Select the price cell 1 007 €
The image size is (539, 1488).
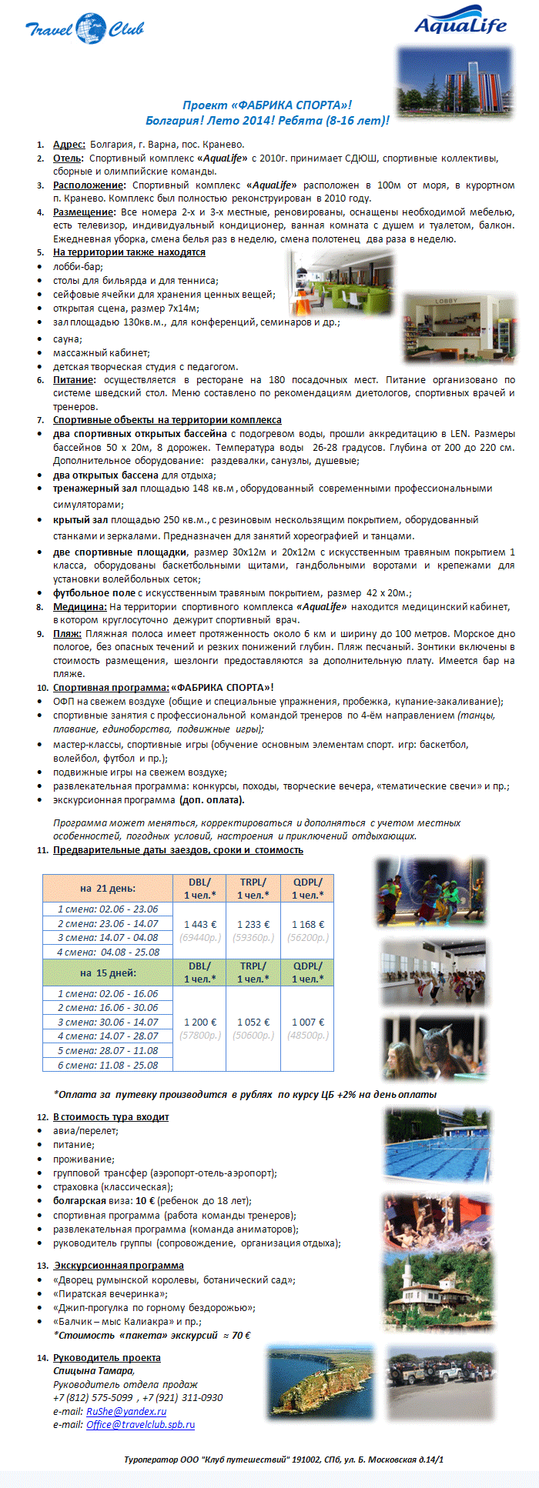(308, 1022)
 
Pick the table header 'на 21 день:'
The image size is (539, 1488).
(108, 888)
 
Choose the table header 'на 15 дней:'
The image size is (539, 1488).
(108, 973)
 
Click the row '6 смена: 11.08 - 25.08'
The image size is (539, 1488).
(108, 1065)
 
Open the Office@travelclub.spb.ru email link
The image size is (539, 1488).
(140, 1424)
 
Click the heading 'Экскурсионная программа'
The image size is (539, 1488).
(119, 1265)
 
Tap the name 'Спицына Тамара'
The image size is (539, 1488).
(94, 1370)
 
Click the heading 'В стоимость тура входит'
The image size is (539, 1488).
(111, 1116)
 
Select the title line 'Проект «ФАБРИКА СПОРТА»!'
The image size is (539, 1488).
(267, 105)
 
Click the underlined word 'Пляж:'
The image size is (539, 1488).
(67, 633)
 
